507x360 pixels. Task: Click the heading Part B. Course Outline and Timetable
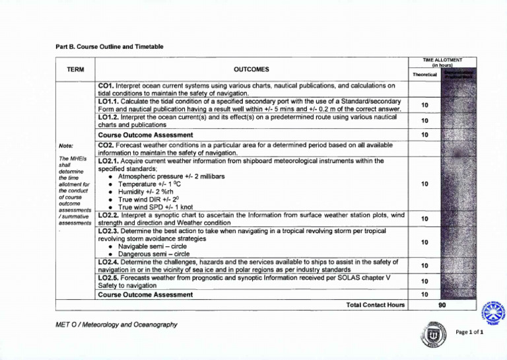point(109,46)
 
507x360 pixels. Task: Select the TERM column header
point(76,69)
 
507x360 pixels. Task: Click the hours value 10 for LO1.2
point(424,121)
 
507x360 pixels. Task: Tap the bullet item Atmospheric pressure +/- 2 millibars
point(171,177)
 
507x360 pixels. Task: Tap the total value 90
point(448,306)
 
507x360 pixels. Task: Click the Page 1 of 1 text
point(471,332)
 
